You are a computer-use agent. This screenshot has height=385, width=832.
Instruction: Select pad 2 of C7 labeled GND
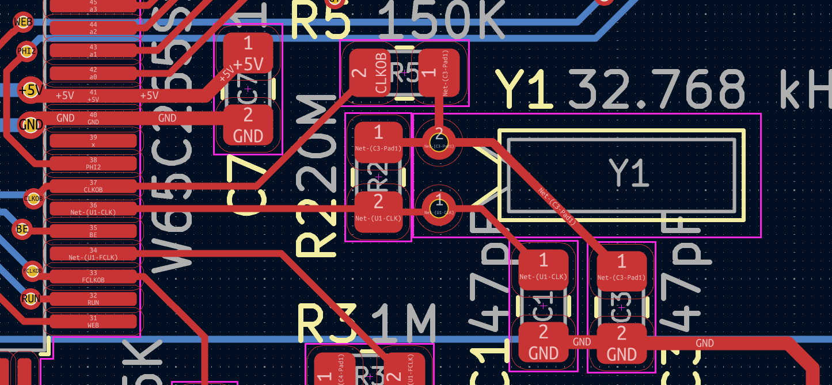coord(248,124)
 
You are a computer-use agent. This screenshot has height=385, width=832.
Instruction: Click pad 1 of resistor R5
coord(439,73)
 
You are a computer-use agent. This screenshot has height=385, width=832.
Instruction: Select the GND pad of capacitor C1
coord(544,342)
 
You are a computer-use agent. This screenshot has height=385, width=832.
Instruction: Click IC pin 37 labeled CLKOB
coord(93,186)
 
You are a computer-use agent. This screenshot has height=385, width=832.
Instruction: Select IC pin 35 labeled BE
coord(93,231)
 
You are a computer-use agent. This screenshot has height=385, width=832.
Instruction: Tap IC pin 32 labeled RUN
coord(93,299)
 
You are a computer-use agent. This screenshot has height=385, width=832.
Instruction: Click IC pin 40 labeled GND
coord(93,118)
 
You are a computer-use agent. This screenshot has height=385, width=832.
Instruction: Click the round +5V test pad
coord(30,90)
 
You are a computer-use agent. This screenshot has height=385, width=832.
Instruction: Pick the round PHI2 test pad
coord(26,51)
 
